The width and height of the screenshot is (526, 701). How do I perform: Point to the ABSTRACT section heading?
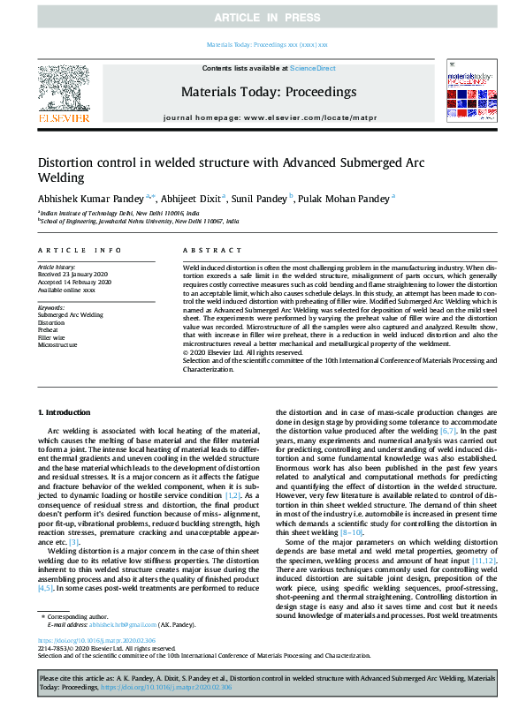coord(205,252)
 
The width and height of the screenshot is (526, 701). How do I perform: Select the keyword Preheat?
coord(50,330)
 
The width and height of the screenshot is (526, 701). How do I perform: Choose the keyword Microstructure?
coord(58,344)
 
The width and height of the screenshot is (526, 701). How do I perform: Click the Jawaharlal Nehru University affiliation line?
coord(140,222)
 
